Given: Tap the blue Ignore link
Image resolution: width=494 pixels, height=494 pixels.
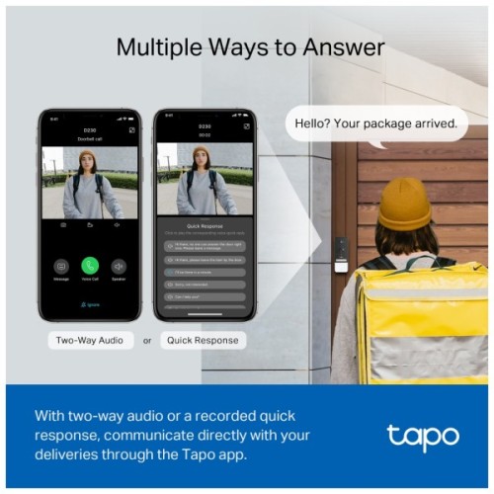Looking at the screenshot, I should tap(90, 304).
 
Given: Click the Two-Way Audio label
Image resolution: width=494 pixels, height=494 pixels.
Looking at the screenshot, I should tap(90, 340).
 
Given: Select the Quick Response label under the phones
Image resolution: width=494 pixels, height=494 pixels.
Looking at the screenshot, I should tap(201, 340).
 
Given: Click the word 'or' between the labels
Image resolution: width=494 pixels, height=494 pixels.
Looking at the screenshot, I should tap(147, 340).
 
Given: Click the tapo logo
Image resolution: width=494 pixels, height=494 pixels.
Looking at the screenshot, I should tap(422, 436).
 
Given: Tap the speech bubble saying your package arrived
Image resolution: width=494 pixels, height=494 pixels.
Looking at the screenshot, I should tap(375, 124).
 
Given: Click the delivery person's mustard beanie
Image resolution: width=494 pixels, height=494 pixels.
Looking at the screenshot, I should tap(405, 203).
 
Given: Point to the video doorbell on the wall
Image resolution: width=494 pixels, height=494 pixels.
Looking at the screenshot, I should tap(341, 253).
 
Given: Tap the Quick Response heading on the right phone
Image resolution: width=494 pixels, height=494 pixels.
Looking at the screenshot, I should tap(201, 225).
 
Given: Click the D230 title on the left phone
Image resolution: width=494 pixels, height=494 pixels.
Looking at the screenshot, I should tap(91, 128).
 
